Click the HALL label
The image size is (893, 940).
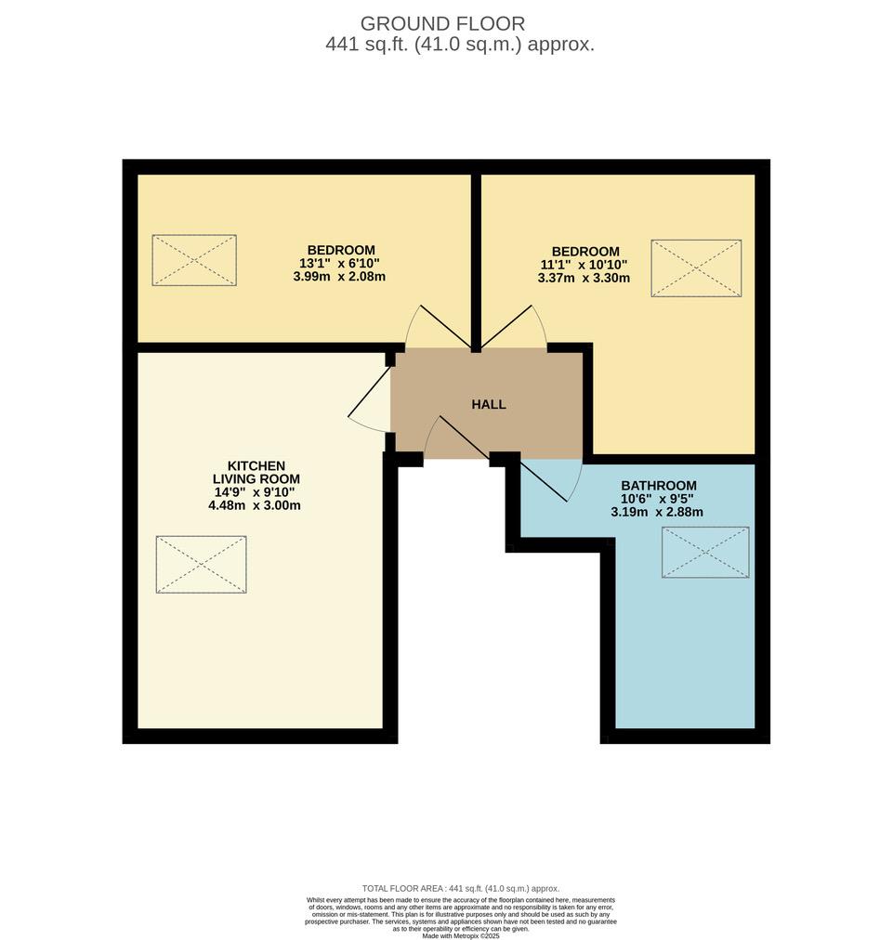488,405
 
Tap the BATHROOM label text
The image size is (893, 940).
659,486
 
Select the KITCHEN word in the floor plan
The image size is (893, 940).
256,465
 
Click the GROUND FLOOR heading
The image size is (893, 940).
442,24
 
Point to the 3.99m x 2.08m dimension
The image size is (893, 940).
339,277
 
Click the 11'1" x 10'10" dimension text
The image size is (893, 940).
584,265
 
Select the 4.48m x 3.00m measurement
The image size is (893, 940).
255,505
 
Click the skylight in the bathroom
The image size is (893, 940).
705,552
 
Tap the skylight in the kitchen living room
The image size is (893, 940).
201,564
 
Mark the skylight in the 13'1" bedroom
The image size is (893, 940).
193,259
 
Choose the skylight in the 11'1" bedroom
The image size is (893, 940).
696,268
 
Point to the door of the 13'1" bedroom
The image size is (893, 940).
444,327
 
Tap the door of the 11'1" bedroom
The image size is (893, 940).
506,327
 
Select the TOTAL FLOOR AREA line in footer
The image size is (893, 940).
461,888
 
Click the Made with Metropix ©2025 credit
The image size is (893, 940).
461,935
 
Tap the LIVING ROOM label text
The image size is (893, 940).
256,479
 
